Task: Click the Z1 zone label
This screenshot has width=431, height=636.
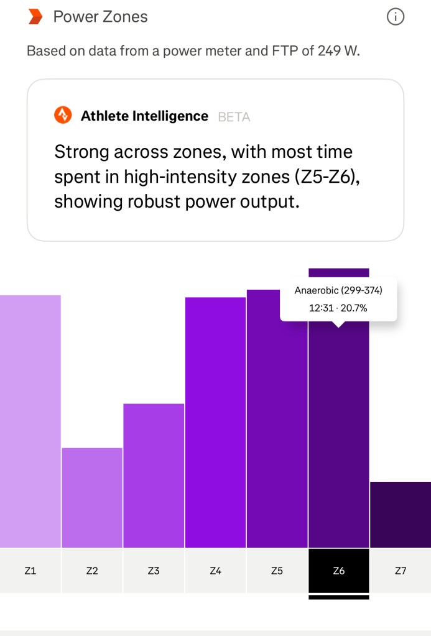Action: tap(30, 570)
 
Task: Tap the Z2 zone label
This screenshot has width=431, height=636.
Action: tap(92, 570)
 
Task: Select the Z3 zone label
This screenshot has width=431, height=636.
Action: tap(154, 570)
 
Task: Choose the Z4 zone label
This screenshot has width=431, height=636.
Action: tap(215, 570)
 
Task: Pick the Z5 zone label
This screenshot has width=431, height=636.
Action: tap(277, 570)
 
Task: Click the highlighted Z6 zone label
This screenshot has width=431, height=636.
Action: tap(338, 570)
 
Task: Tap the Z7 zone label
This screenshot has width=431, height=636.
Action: tap(401, 570)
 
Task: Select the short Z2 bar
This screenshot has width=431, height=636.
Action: tap(92, 497)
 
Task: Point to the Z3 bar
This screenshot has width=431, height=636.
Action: tap(154, 476)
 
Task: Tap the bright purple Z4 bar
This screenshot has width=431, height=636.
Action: tap(215, 423)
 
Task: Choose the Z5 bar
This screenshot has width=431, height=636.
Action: tap(277, 423)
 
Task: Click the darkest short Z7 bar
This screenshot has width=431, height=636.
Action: tap(401, 515)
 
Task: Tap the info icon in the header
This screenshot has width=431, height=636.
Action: tap(396, 17)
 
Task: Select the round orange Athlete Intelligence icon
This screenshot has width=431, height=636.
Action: tap(62, 115)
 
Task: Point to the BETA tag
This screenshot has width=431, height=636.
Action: tap(234, 116)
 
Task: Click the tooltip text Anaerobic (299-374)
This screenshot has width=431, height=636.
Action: tap(338, 290)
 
